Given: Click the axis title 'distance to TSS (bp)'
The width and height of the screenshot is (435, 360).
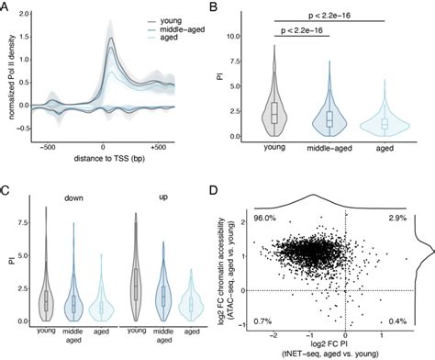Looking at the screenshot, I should pos(106,160).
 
